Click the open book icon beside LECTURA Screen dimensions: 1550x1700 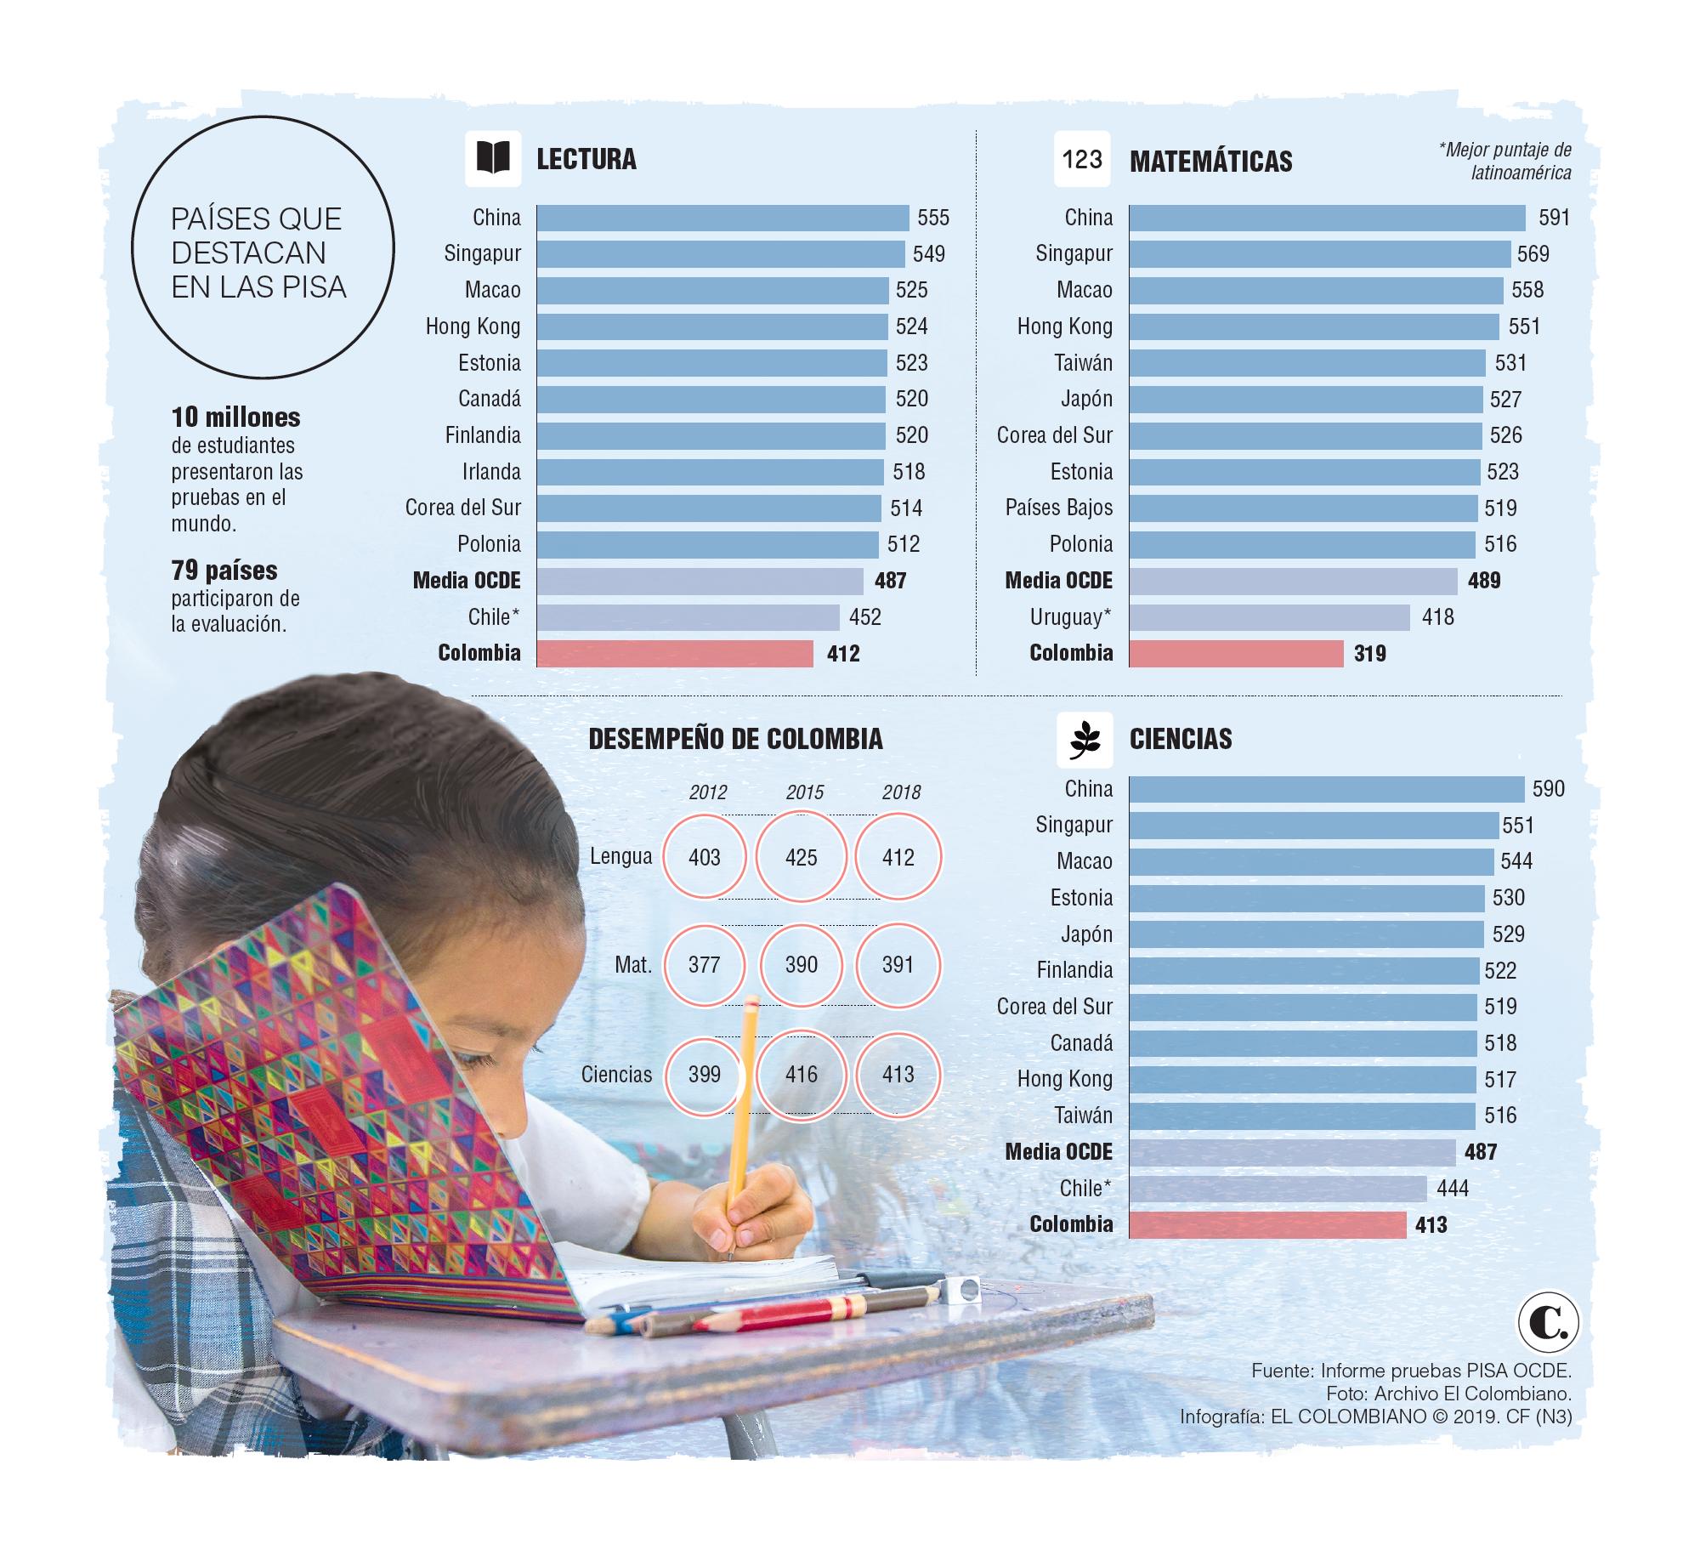493,159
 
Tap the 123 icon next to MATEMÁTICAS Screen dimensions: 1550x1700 1082,159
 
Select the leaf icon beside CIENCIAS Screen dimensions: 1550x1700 1085,739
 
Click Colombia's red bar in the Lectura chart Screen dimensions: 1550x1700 675,653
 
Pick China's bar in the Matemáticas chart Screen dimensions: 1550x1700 1327,218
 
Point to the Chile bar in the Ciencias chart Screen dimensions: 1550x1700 1278,1188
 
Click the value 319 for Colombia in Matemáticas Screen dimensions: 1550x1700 1370,653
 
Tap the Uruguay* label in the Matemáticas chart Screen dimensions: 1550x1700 1070,616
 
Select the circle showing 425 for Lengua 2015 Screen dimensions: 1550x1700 802,857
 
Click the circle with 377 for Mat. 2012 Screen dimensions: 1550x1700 705,965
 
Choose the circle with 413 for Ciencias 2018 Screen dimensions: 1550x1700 898,1074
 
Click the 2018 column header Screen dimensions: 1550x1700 901,792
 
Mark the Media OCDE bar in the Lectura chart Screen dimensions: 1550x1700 700,581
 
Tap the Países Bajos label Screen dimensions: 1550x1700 1058,508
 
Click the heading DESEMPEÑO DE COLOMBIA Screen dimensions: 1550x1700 735,739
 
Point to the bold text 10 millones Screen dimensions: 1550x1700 235,417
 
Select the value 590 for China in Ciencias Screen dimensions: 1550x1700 1548,789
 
